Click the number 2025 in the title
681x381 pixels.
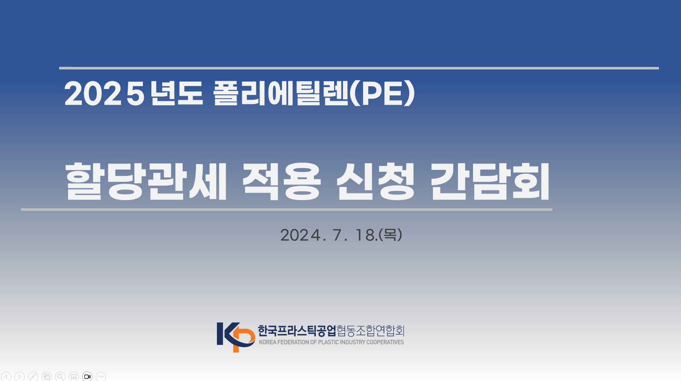[104, 93]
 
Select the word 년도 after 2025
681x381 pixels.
[177, 93]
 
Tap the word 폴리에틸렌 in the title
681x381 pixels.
[281, 93]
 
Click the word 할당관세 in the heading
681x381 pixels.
[146, 181]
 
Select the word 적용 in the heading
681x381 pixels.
[281, 181]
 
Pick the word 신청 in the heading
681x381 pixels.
[376, 181]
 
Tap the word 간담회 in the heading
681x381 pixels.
[490, 181]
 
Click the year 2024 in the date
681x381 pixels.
[300, 235]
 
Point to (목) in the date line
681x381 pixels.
[390, 235]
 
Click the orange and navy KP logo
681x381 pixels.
[236, 337]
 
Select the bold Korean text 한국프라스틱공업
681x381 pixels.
[297, 331]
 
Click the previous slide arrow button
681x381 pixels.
[6, 376]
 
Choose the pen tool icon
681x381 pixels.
[33, 376]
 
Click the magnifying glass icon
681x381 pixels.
[60, 376]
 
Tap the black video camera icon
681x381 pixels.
[87, 376]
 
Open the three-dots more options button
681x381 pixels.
[101, 376]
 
